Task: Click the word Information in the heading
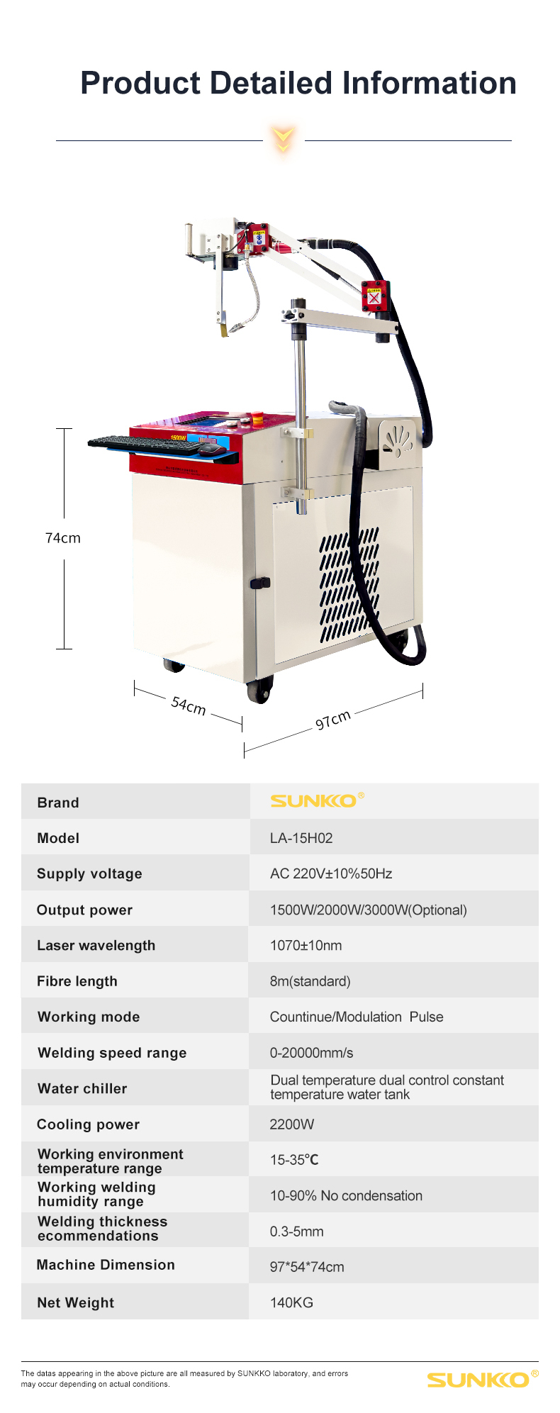pos(429,83)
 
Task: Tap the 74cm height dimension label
pos(63,538)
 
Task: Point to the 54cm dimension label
pos(189,705)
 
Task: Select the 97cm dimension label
pos(333,720)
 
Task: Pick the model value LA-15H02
pos(301,838)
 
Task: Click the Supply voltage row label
pos(89,873)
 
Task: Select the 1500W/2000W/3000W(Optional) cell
pos(368,910)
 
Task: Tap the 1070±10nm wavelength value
pos(306,945)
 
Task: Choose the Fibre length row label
pos(77,981)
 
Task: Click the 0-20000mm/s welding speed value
pos(311,1053)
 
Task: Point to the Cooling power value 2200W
pos(291,1124)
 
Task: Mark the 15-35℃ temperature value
pos(294,1160)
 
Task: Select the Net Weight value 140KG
pos(291,1302)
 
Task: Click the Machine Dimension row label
pos(106,1265)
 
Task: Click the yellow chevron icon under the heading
pos(284,140)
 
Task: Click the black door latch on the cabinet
pos(260,583)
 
